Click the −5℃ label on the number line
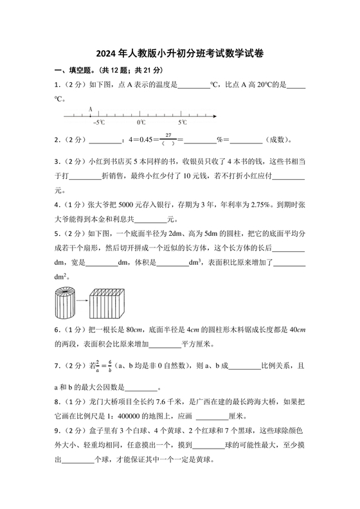[98, 122]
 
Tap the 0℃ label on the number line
[141, 122]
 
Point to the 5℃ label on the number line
[183, 122]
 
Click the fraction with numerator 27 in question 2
[169, 139]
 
